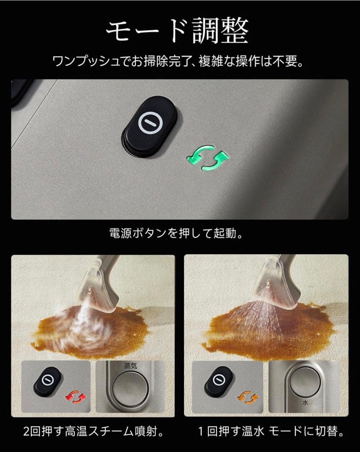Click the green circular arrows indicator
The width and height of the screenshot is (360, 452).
(208, 158)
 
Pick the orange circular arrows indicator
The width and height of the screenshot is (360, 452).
(248, 396)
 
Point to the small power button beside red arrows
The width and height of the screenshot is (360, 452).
(48, 381)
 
